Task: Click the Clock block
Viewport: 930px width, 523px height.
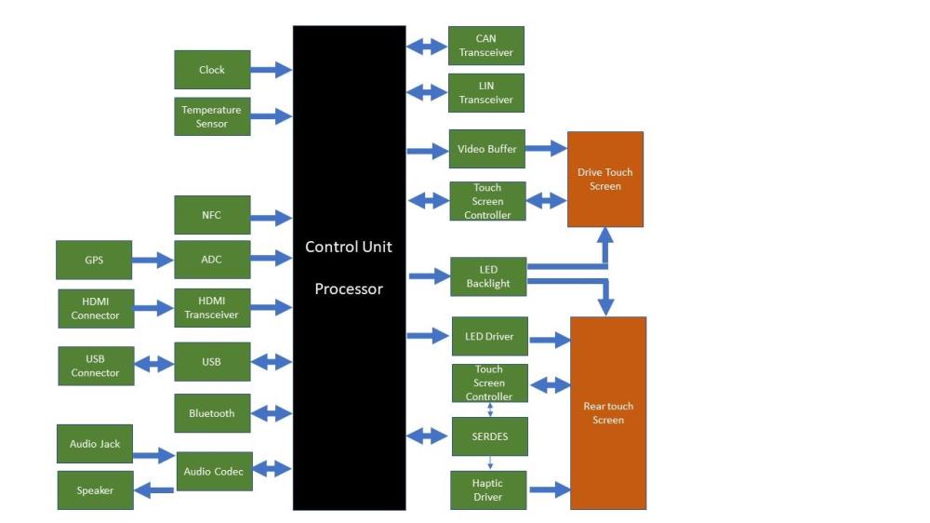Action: coord(212,70)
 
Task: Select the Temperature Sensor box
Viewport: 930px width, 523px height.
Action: coord(212,116)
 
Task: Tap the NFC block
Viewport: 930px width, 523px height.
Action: coord(212,215)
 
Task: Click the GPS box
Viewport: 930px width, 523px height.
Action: coord(94,260)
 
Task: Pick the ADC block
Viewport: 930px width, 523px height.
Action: coord(212,260)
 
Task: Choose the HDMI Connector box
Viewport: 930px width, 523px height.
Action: coord(95,308)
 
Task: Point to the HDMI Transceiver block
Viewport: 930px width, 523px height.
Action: coord(212,308)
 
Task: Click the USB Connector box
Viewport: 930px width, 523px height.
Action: coord(95,366)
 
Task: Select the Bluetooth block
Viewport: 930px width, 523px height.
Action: coord(212,413)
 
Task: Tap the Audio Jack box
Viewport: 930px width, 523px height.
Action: coord(95,444)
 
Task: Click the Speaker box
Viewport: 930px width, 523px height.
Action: coord(95,490)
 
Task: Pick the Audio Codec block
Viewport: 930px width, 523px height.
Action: coord(214,471)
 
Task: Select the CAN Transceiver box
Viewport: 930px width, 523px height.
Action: coord(486,46)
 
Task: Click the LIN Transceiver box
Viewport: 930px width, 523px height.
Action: coord(486,93)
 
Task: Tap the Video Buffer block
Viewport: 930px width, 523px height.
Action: coord(487,149)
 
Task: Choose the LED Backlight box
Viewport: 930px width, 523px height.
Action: coord(488,276)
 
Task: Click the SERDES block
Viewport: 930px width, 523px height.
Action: coord(488,436)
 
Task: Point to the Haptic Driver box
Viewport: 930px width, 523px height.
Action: coord(488,490)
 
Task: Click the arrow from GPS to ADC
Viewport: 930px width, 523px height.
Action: coord(153,261)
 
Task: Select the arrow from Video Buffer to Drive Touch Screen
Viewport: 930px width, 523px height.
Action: coord(547,149)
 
